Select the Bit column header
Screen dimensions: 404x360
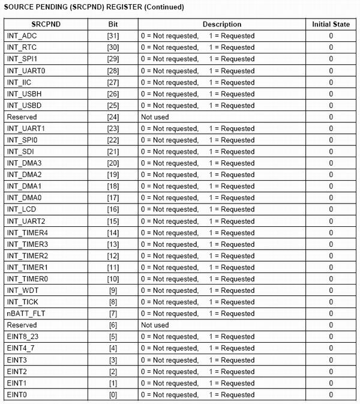pyautogui.click(x=113, y=25)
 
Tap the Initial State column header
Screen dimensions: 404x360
pyautogui.click(x=331, y=25)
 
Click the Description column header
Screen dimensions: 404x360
pyautogui.click(x=221, y=25)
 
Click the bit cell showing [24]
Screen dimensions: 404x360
pyautogui.click(x=113, y=117)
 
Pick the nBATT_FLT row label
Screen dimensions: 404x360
pyautogui.click(x=24, y=313)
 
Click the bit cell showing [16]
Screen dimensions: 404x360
pyautogui.click(x=113, y=210)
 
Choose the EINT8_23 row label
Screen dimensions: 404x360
pyautogui.click(x=22, y=337)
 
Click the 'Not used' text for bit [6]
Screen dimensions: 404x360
pyautogui.click(x=155, y=325)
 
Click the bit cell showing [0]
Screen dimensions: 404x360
pyautogui.click(x=113, y=394)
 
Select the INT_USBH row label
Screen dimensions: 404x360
pyautogui.click(x=23, y=94)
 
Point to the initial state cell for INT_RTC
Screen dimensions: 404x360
pyautogui.click(x=331, y=47)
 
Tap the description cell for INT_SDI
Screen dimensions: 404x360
pyautogui.click(x=197, y=152)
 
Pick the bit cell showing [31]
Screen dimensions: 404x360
pyautogui.click(x=113, y=36)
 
